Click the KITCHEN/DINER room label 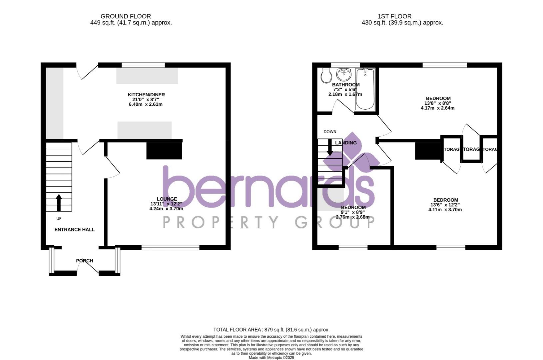146,95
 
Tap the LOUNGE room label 167,199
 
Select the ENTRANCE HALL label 75,229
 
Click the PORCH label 85,261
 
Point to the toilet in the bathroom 326,76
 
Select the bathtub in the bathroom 365,89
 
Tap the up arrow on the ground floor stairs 59,202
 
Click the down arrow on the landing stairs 330,147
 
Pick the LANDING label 346,143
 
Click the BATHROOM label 346,85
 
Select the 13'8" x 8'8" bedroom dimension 438,103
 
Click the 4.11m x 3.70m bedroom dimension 445,210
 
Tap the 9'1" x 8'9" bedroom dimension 352,212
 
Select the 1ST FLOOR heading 394,16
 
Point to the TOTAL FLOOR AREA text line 271,330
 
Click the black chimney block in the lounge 164,151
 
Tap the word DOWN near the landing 330,132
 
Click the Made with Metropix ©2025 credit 271,358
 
